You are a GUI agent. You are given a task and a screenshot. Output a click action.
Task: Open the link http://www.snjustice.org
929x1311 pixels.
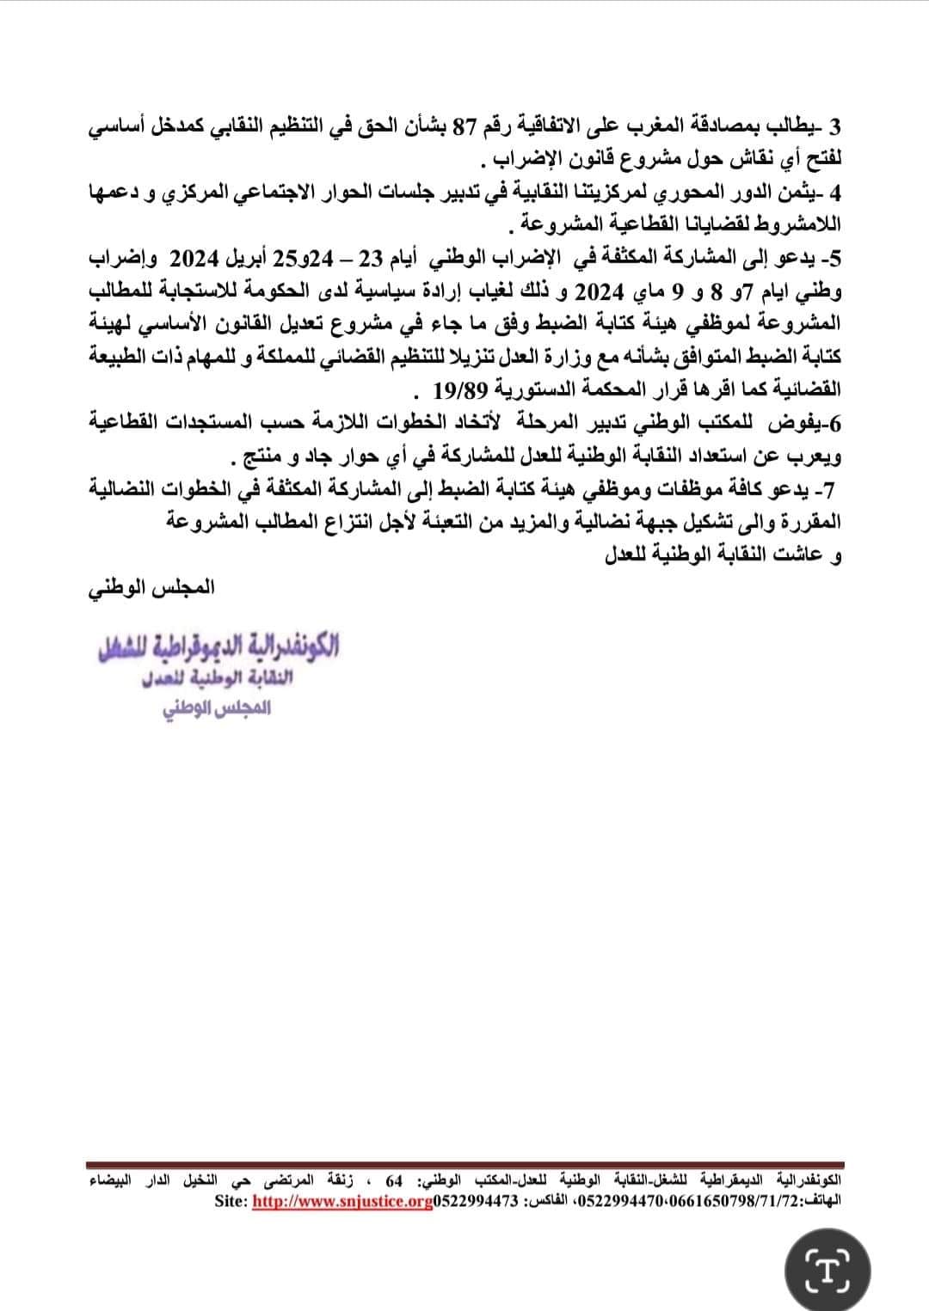341,1200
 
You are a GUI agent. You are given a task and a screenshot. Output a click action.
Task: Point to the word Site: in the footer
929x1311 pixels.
231,1200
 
